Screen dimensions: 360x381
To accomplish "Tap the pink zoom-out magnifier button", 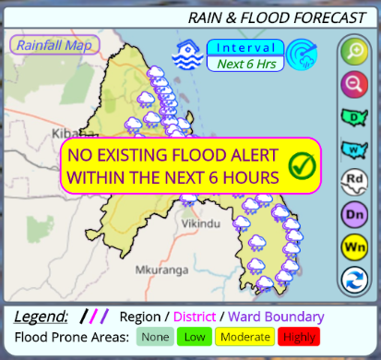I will click(x=353, y=85).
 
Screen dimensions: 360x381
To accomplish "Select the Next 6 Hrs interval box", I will click(x=244, y=64).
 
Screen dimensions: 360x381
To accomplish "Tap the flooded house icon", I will click(x=188, y=54).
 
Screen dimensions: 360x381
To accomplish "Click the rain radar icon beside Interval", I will click(x=301, y=54).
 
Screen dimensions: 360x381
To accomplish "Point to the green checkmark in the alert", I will click(x=302, y=166).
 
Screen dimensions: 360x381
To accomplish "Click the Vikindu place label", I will click(x=202, y=224).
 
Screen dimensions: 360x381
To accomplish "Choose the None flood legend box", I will click(x=155, y=338).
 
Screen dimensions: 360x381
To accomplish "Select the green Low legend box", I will click(x=196, y=338).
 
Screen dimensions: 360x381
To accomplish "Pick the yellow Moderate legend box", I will click(x=244, y=338).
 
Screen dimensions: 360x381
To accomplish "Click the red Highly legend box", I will click(x=299, y=338).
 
